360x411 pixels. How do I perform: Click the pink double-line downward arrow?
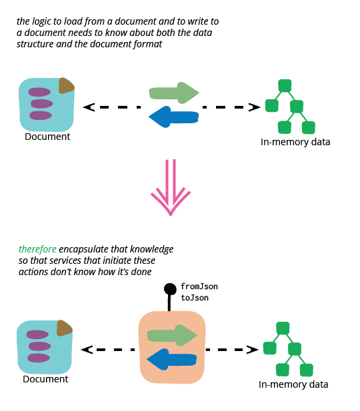point(171,187)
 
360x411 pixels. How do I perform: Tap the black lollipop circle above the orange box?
point(170,289)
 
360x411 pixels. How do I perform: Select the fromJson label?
point(199,286)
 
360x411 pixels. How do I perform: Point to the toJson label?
point(195,298)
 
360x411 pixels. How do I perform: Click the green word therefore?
point(37,249)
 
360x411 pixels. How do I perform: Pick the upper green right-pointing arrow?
point(174,93)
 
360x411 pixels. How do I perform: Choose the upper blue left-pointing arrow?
point(174,117)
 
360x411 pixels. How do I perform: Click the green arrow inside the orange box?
point(172,335)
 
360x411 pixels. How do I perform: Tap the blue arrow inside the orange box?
point(171,359)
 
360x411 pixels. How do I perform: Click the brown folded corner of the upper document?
point(66,86)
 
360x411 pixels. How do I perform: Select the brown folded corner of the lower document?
point(64,328)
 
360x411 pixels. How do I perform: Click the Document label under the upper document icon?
point(47,137)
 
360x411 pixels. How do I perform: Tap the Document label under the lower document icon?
point(45,379)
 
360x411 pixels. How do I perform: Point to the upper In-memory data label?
point(295,142)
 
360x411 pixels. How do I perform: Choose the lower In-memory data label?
point(293,384)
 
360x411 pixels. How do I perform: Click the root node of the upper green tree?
point(285,86)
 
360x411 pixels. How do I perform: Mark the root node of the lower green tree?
point(283,328)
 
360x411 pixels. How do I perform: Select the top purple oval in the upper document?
point(39,93)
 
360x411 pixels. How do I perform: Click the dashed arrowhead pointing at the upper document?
point(89,107)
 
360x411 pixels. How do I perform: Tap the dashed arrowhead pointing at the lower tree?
point(253,350)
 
